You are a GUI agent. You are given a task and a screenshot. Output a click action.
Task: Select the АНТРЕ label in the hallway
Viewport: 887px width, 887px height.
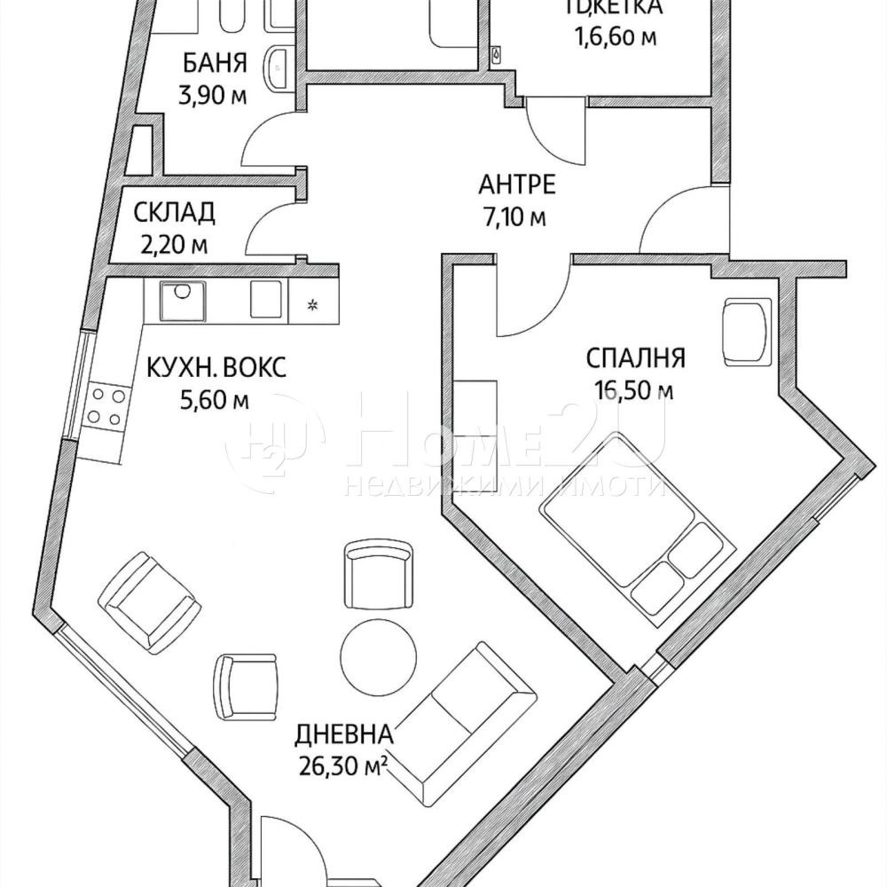click(517, 184)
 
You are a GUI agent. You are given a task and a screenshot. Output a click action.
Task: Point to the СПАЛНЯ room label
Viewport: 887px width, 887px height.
click(635, 357)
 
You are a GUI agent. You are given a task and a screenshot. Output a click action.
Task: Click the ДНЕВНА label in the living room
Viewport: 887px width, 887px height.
click(342, 734)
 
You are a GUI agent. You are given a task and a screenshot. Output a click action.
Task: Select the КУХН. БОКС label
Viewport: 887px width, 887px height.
click(216, 367)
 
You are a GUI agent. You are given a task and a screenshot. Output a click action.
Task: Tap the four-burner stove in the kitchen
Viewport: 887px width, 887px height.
click(104, 406)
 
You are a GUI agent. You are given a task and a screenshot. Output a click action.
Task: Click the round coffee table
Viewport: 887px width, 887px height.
click(378, 657)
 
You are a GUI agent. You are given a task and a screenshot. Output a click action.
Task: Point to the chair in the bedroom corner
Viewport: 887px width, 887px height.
click(744, 330)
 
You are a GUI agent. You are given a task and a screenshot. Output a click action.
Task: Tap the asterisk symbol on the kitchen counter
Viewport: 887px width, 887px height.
click(312, 307)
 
